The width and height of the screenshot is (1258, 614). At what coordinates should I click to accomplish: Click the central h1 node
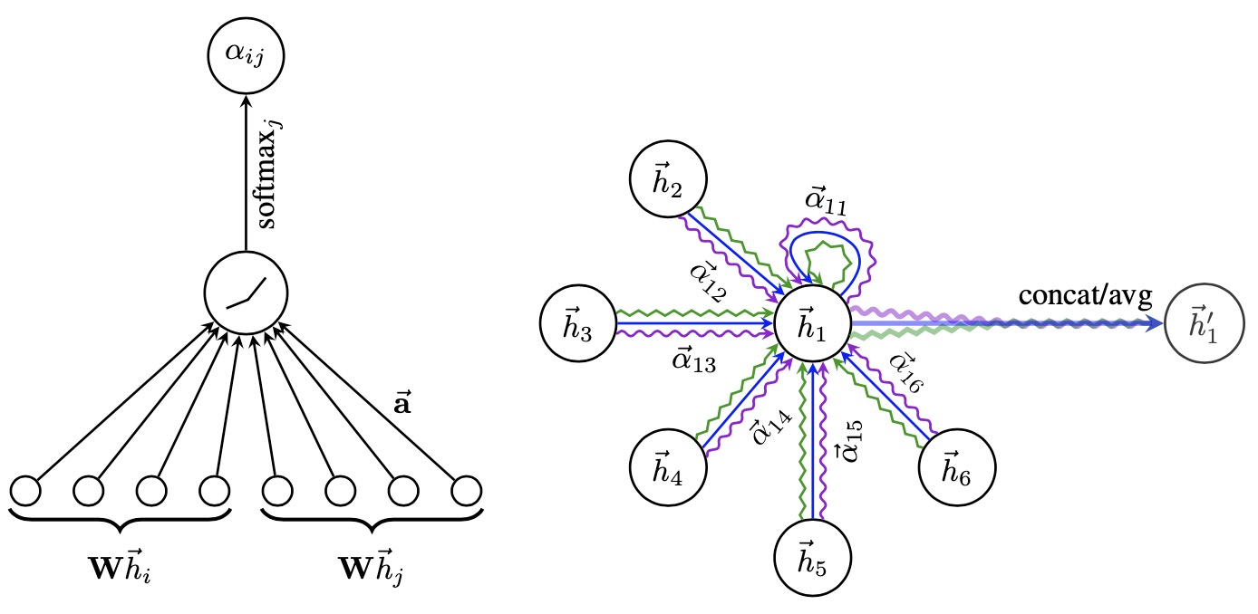pos(812,323)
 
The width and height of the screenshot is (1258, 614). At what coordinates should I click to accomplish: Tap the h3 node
pos(576,323)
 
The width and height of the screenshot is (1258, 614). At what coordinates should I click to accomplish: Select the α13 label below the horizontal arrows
pos(693,362)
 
